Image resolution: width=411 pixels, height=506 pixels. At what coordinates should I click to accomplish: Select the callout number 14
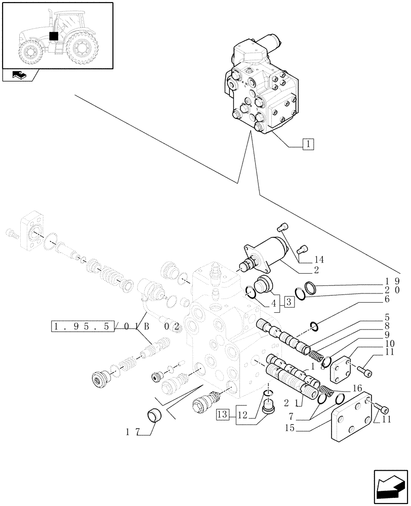[319, 260]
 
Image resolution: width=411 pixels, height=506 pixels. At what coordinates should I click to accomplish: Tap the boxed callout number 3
[290, 303]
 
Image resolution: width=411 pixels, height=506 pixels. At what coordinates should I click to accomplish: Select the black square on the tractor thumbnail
[54, 36]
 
